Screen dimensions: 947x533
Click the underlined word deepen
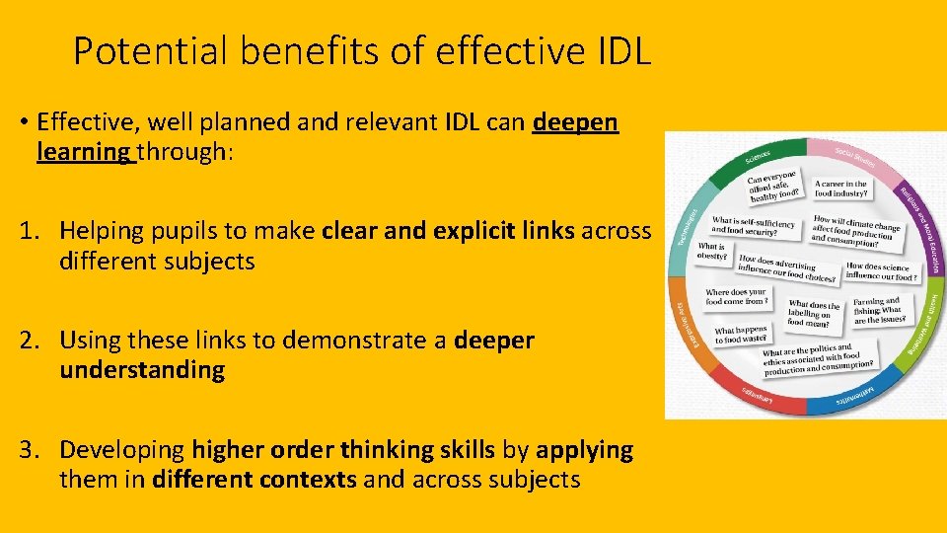[575, 122]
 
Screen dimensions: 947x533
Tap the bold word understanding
[142, 370]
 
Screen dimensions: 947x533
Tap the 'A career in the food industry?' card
[841, 188]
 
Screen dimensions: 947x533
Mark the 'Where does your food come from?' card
[736, 296]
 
